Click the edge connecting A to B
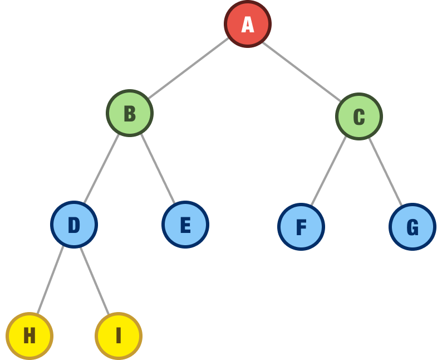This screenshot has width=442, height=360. [188, 69]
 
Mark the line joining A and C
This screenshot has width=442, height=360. [301, 70]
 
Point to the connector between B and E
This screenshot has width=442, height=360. [158, 169]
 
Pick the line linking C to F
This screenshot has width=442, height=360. [329, 171]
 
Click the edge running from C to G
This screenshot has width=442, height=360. [385, 171]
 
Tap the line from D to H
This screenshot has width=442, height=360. [51, 280]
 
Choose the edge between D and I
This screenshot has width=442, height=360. [95, 280]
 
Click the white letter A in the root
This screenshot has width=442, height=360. [248, 25]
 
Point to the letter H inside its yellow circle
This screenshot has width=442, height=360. [30, 335]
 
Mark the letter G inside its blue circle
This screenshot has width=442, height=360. [412, 227]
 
